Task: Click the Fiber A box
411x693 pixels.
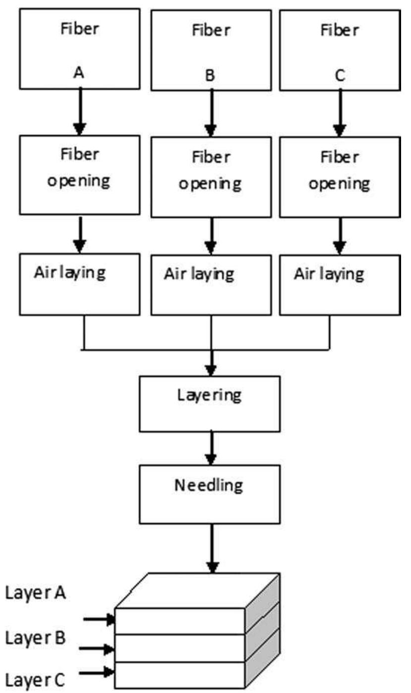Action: pos(80,48)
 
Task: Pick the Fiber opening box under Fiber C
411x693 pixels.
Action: pos(339,177)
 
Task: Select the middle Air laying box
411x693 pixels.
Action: pos(211,285)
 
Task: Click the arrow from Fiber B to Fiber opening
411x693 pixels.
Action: pos(211,113)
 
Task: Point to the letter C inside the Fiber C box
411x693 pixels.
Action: pos(340,76)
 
